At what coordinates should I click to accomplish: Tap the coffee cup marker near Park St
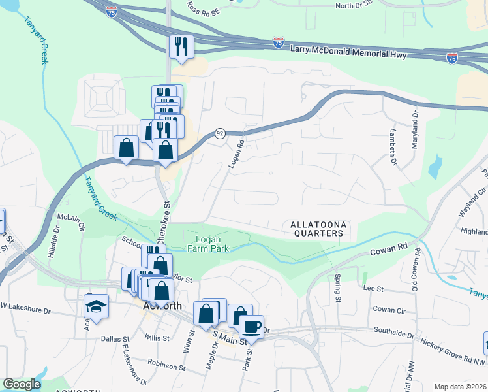[251, 326]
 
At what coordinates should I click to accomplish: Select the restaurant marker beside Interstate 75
[180, 46]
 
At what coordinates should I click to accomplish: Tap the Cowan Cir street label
[389, 308]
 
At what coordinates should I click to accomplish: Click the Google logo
[22, 384]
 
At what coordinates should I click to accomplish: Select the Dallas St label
[117, 338]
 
